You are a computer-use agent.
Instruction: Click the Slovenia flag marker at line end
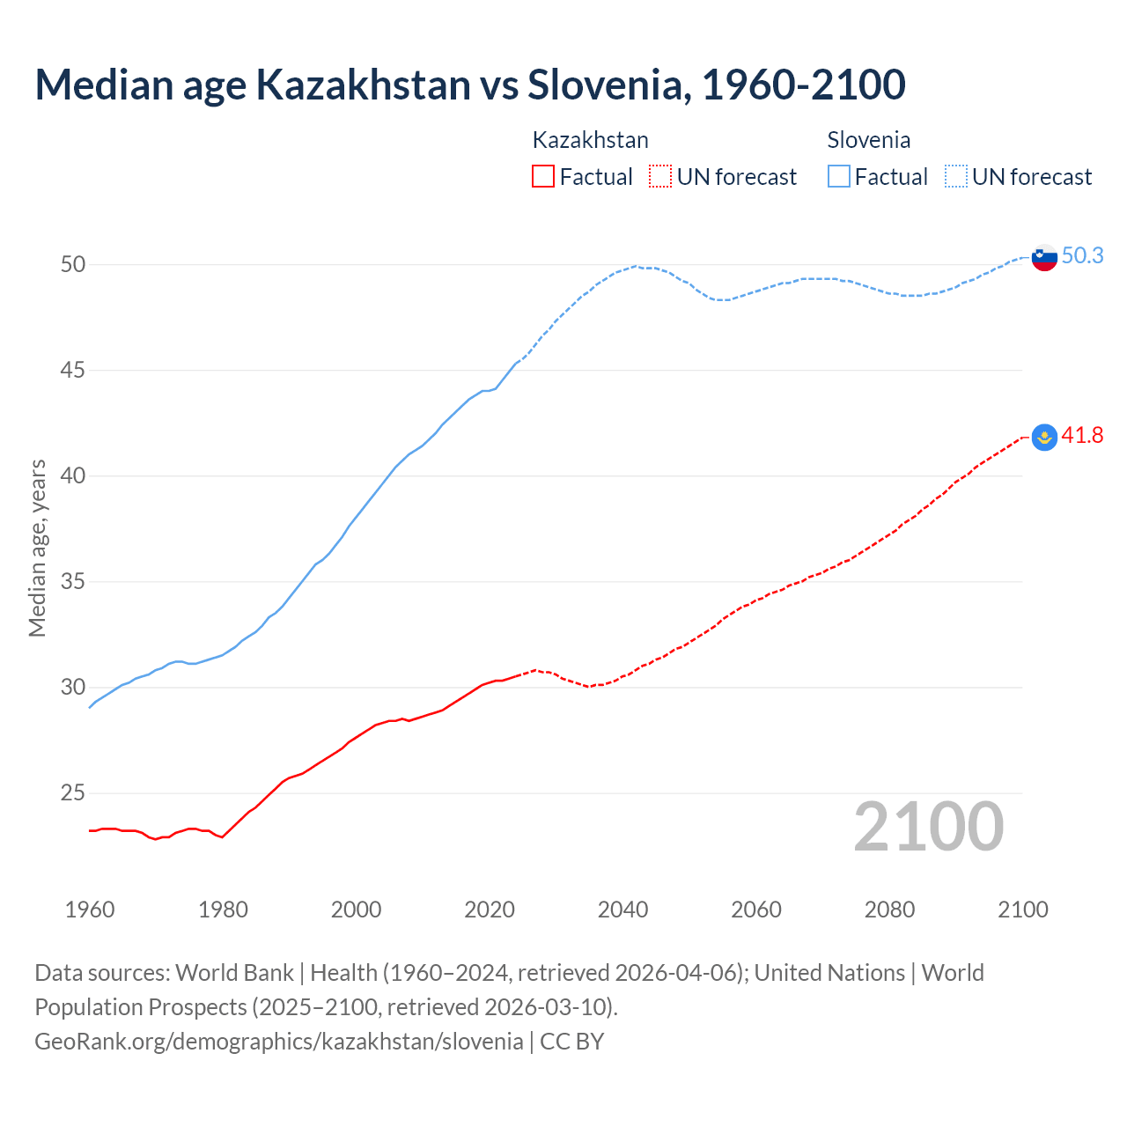pyautogui.click(x=1044, y=257)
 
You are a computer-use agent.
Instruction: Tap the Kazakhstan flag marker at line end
pyautogui.click(x=1044, y=437)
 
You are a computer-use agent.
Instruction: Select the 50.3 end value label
pyautogui.click(x=1082, y=255)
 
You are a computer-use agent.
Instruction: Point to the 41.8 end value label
pyautogui.click(x=1082, y=435)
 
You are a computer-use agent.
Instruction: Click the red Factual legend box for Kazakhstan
pyautogui.click(x=543, y=176)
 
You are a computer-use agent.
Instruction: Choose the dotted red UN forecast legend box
pyautogui.click(x=660, y=176)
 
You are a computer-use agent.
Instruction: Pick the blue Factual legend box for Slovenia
pyautogui.click(x=839, y=176)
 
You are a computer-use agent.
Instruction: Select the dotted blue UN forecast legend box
pyautogui.click(x=956, y=176)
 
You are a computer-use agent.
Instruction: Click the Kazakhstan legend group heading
pyautogui.click(x=590, y=140)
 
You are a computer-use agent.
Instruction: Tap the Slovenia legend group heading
pyautogui.click(x=868, y=140)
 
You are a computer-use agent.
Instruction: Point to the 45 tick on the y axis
pyautogui.click(x=73, y=371)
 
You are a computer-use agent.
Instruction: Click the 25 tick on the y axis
pyautogui.click(x=73, y=793)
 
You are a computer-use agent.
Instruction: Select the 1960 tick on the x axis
pyautogui.click(x=90, y=910)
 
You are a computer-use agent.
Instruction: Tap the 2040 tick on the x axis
pyautogui.click(x=622, y=910)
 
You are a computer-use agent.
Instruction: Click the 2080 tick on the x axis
pyautogui.click(x=889, y=910)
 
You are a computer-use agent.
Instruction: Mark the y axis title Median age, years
pyautogui.click(x=37, y=548)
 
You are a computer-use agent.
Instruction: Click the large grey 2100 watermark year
pyautogui.click(x=928, y=826)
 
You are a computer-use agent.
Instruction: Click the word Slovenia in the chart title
pyautogui.click(x=604, y=85)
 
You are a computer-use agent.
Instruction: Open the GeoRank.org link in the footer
pyautogui.click(x=278, y=1042)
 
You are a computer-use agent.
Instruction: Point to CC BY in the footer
pyautogui.click(x=572, y=1042)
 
